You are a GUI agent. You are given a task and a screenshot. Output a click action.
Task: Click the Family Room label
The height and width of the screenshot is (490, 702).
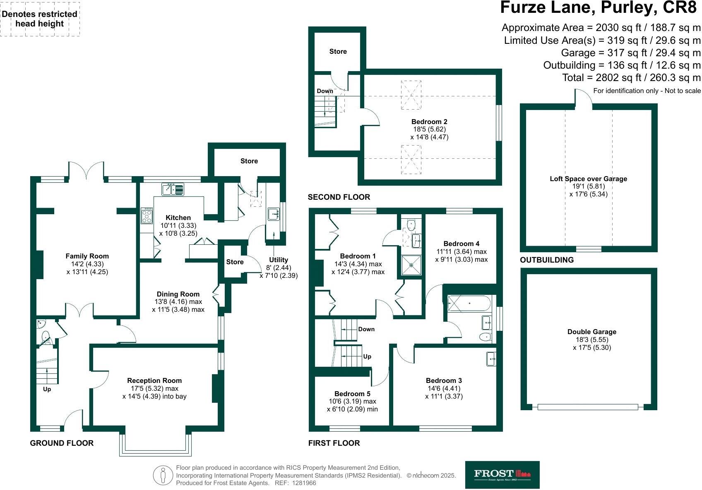(x=87, y=256)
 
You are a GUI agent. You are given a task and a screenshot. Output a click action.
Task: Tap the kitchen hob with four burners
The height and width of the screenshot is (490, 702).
(x=147, y=215)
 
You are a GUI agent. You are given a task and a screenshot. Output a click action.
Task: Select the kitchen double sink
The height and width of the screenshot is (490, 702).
(x=173, y=189)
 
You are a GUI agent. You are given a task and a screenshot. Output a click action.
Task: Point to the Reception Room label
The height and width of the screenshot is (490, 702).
(x=154, y=380)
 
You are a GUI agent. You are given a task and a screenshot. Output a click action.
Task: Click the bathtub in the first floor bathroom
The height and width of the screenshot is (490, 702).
(x=469, y=303)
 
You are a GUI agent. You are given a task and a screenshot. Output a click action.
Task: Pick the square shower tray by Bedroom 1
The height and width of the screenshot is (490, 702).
(x=411, y=265)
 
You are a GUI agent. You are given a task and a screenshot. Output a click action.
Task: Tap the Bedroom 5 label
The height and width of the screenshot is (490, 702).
(x=352, y=394)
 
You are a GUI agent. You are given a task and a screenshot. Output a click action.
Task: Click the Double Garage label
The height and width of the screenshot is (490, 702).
(x=591, y=332)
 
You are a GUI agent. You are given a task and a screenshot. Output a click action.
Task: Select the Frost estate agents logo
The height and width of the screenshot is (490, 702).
(x=502, y=475)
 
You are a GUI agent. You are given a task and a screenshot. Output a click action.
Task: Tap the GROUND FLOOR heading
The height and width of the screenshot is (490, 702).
(x=62, y=443)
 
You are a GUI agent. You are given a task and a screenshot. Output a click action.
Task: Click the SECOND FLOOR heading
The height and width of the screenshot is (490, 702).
(x=339, y=197)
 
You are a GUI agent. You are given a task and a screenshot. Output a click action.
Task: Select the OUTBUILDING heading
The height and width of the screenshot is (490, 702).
(x=547, y=260)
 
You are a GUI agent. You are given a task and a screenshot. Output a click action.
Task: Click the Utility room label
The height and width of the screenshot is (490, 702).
(x=278, y=260)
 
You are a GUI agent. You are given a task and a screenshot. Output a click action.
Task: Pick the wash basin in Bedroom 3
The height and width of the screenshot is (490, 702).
(x=491, y=359)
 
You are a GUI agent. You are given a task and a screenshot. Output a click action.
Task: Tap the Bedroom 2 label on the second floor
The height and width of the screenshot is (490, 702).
(x=429, y=122)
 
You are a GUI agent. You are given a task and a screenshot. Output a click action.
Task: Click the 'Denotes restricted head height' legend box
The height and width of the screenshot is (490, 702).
(x=40, y=19)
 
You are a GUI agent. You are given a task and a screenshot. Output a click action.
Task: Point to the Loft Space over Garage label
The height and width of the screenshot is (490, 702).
(x=589, y=179)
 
